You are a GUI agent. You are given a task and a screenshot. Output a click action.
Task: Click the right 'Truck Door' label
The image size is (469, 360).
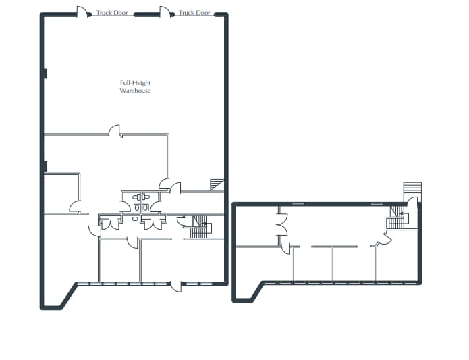[x=194, y=13]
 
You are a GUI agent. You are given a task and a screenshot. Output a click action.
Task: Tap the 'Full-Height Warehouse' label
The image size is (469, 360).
[x=135, y=86]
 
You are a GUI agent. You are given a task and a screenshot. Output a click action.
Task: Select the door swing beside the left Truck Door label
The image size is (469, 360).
[x=82, y=11]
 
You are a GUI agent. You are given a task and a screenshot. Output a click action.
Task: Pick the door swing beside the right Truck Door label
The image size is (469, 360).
[x=165, y=11]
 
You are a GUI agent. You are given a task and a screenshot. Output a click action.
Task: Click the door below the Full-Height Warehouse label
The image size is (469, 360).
[x=115, y=130]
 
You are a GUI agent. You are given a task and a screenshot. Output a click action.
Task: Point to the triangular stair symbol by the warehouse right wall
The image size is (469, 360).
[x=217, y=185]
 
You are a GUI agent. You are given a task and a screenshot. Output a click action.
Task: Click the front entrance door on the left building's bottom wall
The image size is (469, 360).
[x=175, y=286]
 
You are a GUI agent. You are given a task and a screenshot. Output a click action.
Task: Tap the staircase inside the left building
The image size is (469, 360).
[x=199, y=228]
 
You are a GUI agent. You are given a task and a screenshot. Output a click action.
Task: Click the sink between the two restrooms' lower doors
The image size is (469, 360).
[x=136, y=219]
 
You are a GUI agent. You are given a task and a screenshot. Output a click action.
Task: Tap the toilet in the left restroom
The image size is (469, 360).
[x=137, y=207]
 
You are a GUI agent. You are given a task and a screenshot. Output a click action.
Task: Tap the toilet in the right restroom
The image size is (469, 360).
[x=145, y=207]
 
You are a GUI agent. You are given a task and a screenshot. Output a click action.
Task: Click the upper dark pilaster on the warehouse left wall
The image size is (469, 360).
[x=45, y=74]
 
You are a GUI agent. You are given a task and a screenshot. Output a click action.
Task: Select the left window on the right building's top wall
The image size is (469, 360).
[x=297, y=203]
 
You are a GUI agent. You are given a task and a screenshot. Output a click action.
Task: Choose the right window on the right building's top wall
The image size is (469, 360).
[x=377, y=203]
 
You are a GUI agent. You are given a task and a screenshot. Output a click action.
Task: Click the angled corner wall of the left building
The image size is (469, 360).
[x=68, y=296]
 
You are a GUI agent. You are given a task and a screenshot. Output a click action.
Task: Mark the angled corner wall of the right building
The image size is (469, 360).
[x=257, y=291]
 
